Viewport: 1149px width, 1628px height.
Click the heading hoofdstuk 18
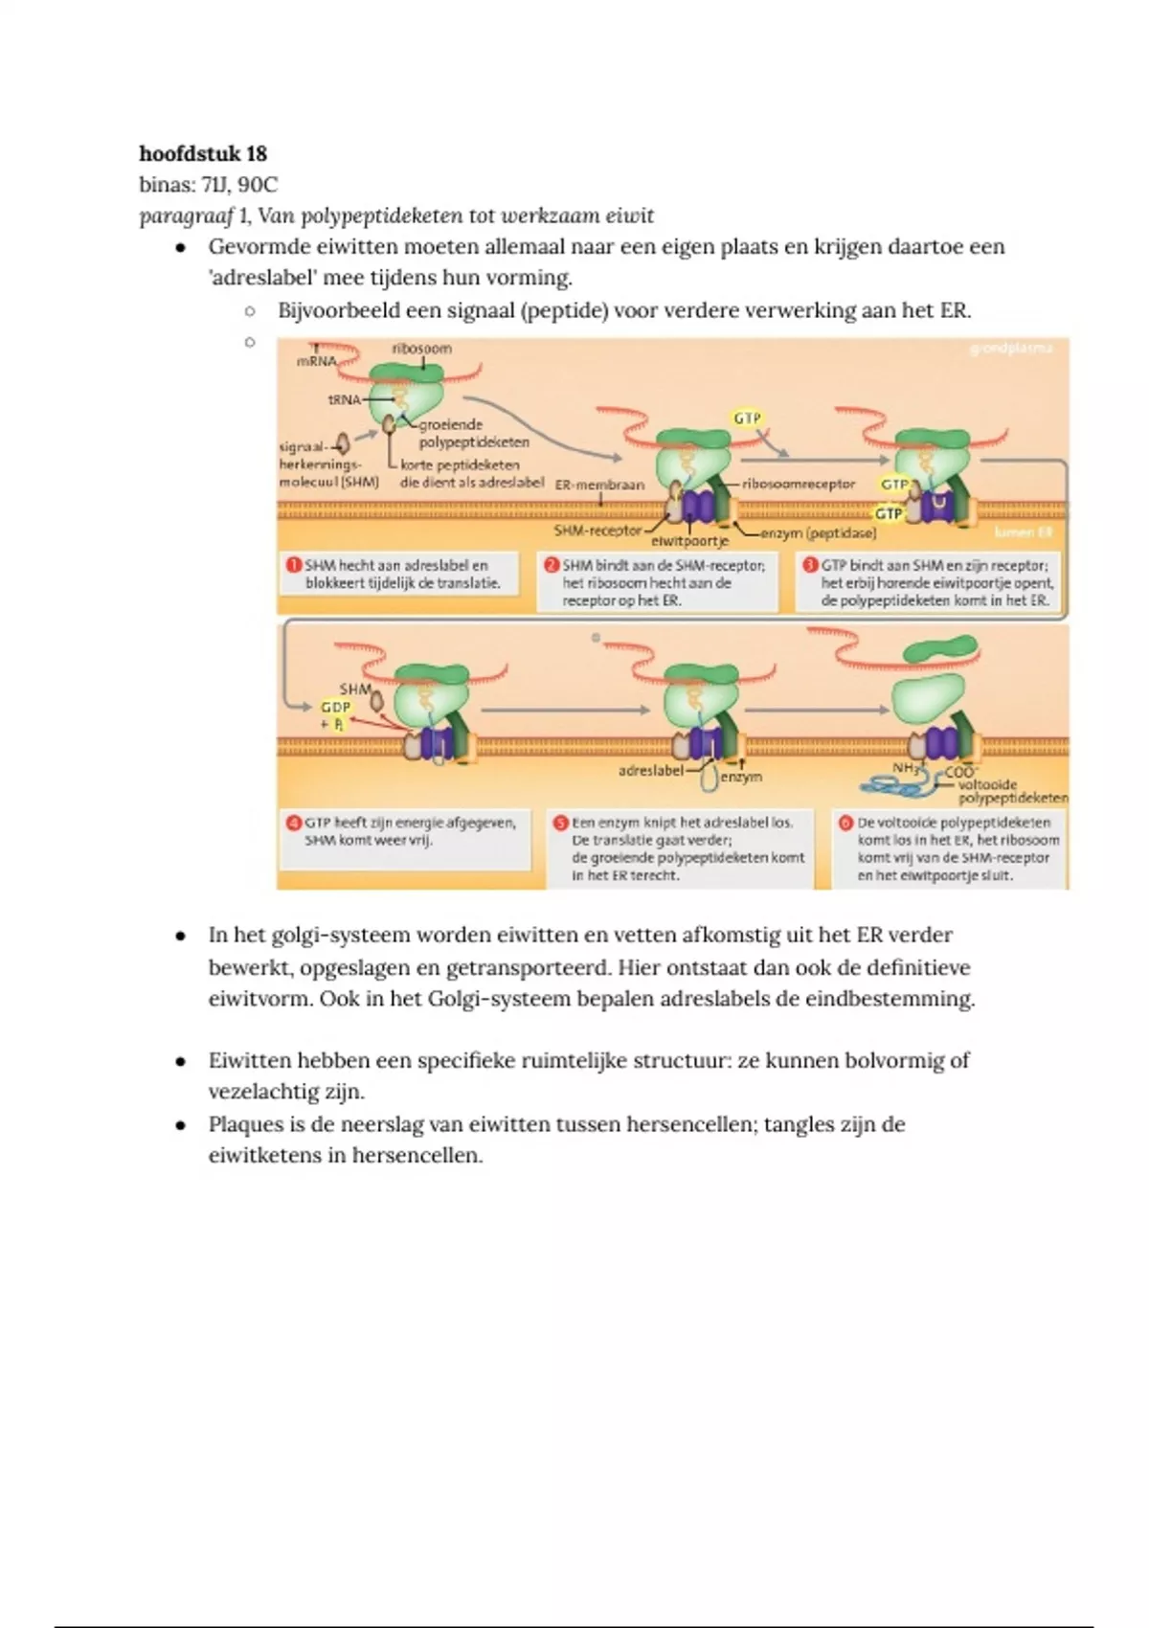coord(203,153)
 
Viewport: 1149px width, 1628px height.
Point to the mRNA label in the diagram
coord(316,362)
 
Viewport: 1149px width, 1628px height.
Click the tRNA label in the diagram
coord(344,399)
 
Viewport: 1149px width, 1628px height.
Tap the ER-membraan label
coord(599,485)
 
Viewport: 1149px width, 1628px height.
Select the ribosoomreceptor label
coord(798,484)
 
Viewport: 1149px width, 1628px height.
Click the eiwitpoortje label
coord(689,541)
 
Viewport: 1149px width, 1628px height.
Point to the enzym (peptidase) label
coord(818,532)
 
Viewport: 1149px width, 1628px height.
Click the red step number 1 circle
coord(294,565)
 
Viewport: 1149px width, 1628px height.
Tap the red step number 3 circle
coord(810,565)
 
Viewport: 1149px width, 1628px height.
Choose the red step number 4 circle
coord(294,822)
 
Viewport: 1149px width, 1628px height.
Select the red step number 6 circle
coord(845,822)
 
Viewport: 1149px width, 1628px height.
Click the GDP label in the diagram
coord(335,707)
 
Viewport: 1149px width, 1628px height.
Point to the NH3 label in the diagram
coord(906,768)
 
